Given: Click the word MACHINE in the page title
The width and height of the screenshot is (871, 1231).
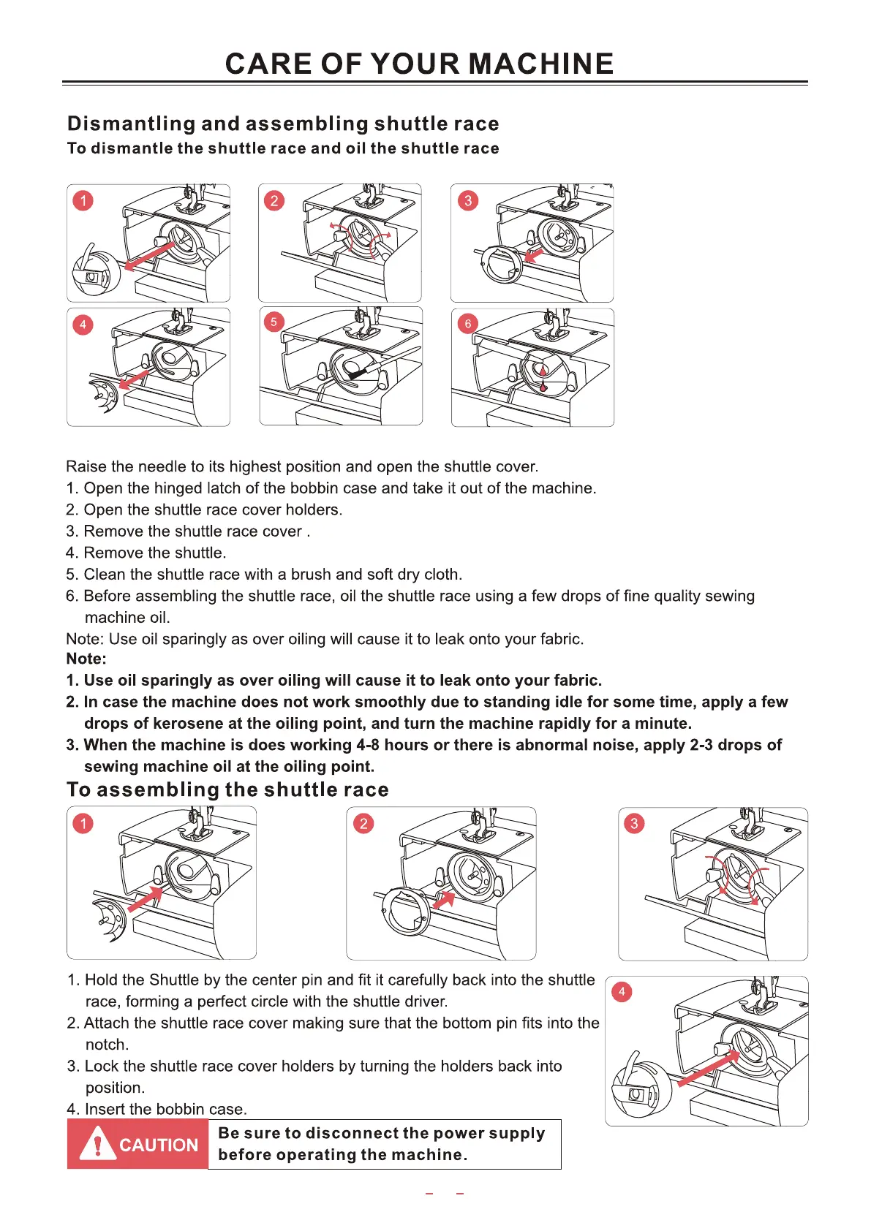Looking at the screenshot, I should [x=540, y=64].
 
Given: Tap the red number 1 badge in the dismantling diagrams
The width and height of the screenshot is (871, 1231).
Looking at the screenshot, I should [x=83, y=200].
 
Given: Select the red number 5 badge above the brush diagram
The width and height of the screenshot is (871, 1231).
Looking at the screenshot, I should [x=274, y=322].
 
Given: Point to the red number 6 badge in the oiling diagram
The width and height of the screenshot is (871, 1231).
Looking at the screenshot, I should [x=468, y=323].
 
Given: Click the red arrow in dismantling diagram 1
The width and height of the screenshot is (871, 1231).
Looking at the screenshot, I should [x=151, y=257].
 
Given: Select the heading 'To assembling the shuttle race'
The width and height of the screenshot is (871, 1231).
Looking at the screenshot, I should [x=227, y=790].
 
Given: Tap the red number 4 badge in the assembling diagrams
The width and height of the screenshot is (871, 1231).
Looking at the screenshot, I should [x=622, y=991].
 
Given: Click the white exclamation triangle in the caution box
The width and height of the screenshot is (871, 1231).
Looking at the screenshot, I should [x=97, y=1144].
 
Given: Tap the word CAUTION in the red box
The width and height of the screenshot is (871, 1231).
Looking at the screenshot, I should [x=159, y=1145].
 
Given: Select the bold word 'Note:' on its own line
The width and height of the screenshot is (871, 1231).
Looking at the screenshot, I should [x=86, y=659].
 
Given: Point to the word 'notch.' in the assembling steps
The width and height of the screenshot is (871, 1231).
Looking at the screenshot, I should [x=107, y=1045].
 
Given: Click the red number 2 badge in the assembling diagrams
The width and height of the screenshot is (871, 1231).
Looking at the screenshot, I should [x=363, y=824].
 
